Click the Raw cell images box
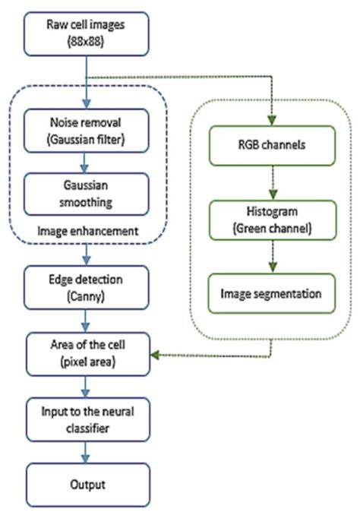88,36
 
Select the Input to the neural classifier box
88,419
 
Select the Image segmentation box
270,292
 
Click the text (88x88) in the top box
88,44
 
